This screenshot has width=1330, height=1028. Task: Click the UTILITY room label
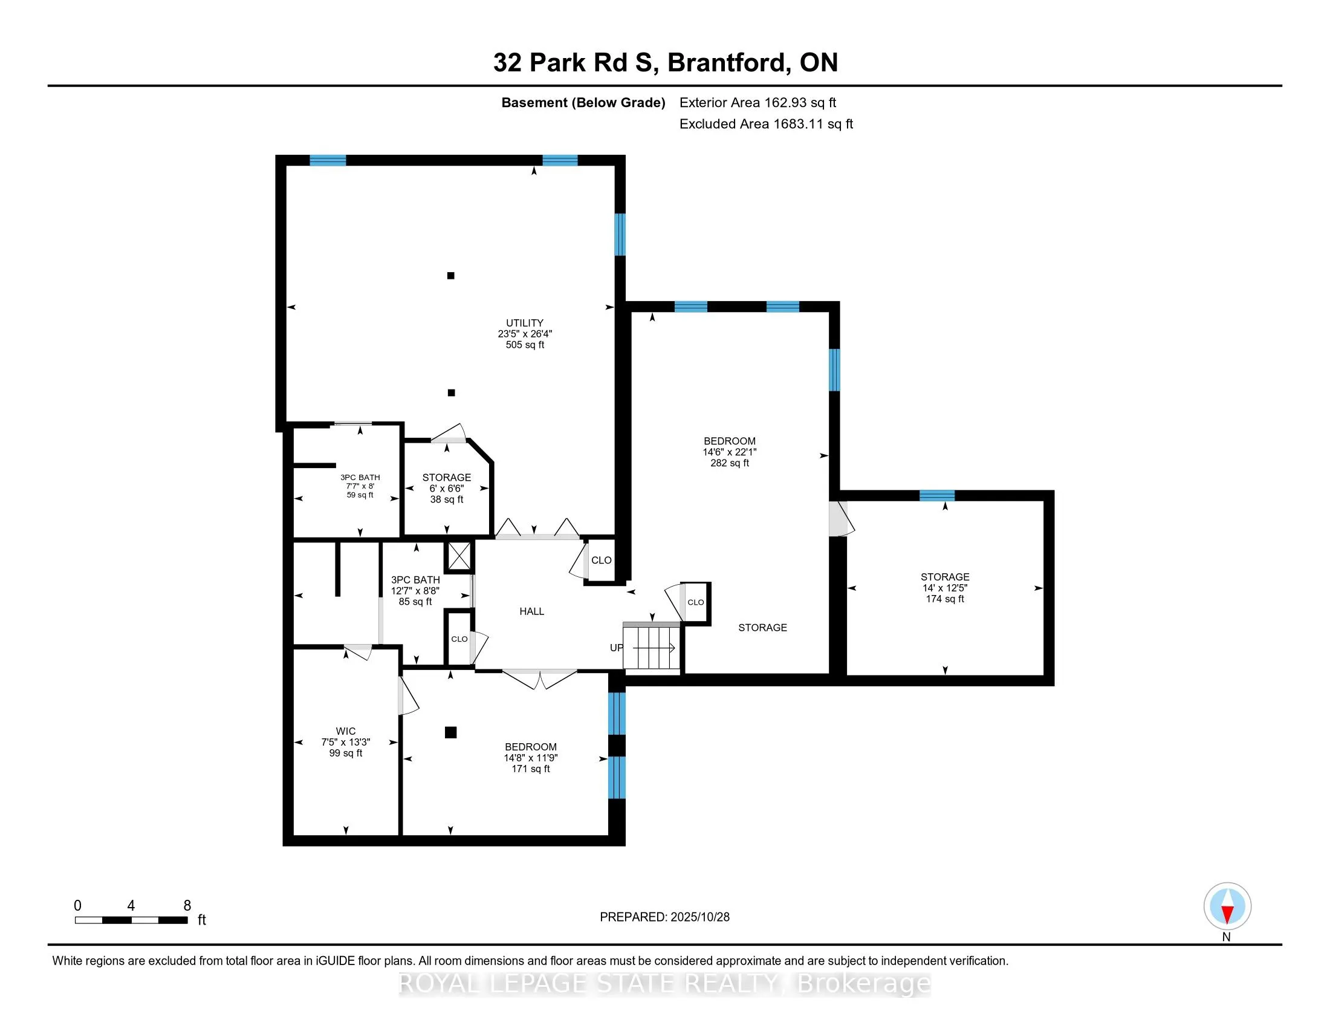524,323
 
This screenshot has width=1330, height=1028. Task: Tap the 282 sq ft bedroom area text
729,463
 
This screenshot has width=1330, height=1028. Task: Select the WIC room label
345,731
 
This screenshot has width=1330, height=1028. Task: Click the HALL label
531,611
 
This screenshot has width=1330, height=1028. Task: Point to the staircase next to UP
652,648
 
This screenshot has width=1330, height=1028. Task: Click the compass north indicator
1227,906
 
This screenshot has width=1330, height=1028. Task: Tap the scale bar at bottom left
131,920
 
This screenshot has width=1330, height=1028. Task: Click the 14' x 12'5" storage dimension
944,588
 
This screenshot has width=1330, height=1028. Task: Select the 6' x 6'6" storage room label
446,478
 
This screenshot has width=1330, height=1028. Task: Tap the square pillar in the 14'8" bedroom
450,733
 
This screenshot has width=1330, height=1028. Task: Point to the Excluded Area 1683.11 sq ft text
765,124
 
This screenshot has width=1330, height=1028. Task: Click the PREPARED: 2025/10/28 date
664,917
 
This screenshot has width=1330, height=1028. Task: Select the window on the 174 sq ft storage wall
936,495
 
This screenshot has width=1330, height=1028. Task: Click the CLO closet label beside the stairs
695,602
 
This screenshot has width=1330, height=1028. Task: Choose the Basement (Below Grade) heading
583,103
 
